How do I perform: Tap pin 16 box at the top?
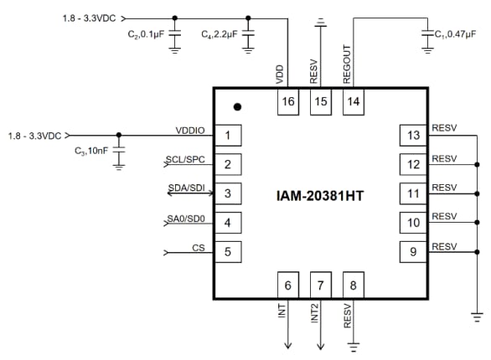coord(289,101)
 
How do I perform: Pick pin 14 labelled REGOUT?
coord(354,101)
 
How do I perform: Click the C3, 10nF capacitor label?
coord(93,150)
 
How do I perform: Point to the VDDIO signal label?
coord(189,130)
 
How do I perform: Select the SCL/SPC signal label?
coord(185,158)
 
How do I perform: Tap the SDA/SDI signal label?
coord(185,188)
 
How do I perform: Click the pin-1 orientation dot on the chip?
coord(238,107)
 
